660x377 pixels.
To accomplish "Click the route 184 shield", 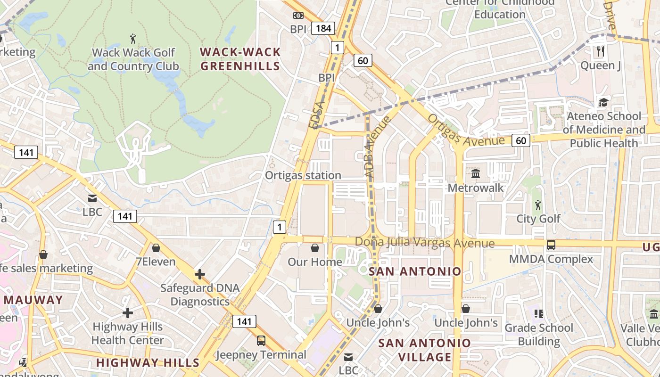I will (323, 28).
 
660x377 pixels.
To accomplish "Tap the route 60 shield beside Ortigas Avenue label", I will (520, 140).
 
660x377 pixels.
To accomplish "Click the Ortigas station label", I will (303, 175).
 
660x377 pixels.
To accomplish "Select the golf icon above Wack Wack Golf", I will (133, 38).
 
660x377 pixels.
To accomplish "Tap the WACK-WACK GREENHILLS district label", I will (240, 59).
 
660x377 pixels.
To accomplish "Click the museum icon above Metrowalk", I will (475, 174).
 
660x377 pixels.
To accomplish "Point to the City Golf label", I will (538, 219).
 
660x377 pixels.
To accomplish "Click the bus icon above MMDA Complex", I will (551, 245).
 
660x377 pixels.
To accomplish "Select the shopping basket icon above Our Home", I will (315, 248).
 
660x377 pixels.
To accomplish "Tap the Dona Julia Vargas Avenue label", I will (424, 243).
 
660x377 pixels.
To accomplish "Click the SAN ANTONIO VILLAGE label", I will (424, 350).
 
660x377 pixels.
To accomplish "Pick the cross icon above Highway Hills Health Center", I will (127, 312).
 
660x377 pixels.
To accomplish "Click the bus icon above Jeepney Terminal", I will (261, 340).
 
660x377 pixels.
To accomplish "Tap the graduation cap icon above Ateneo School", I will (603, 102).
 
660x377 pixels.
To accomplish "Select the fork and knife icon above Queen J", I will (600, 51).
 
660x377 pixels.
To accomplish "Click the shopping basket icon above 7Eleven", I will (156, 248).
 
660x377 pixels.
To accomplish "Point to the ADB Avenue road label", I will (378, 147).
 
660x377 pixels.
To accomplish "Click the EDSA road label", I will (317, 115).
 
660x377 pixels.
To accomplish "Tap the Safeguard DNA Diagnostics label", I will (200, 295).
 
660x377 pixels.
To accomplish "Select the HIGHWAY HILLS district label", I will (148, 362).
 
